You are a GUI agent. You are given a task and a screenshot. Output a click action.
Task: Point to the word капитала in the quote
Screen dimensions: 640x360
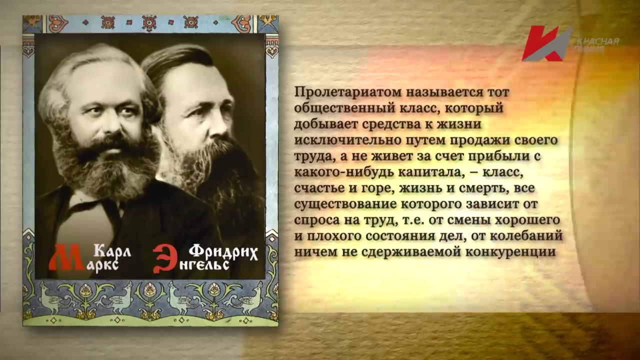[429, 172]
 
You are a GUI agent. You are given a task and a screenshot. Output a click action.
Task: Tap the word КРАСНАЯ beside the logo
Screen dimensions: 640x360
[597, 41]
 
